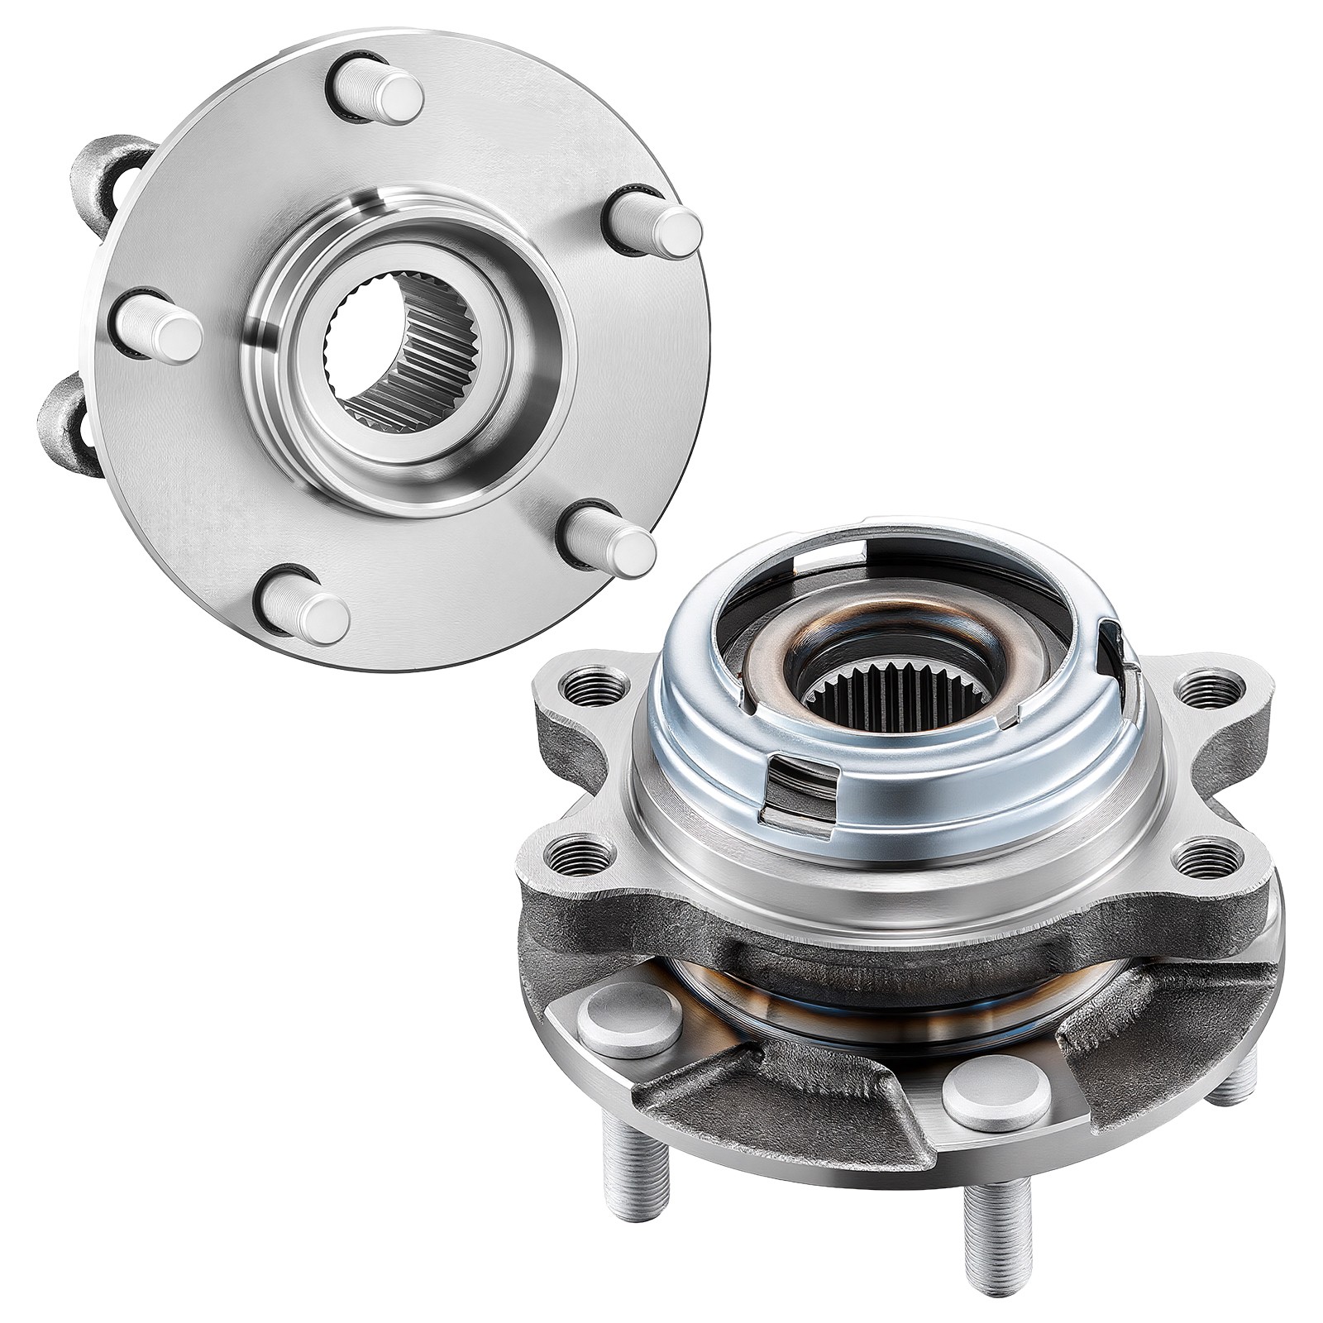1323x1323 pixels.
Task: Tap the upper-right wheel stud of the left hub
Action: pos(658,224)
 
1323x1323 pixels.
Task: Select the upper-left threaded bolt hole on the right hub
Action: pos(581,687)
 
